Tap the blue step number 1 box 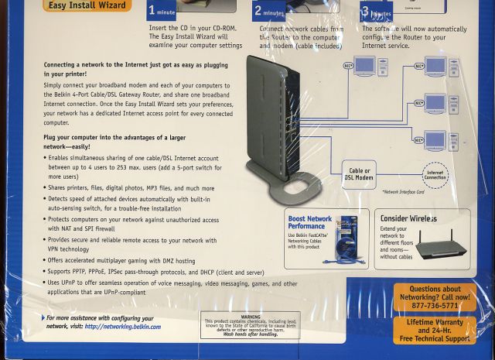click(161, 11)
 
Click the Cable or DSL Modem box click(359, 174)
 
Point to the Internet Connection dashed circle click(435, 175)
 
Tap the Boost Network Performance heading click(310, 223)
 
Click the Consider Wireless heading click(408, 218)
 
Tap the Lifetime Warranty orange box click(435, 330)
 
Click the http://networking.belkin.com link click(123, 327)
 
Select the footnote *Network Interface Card click(403, 191)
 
